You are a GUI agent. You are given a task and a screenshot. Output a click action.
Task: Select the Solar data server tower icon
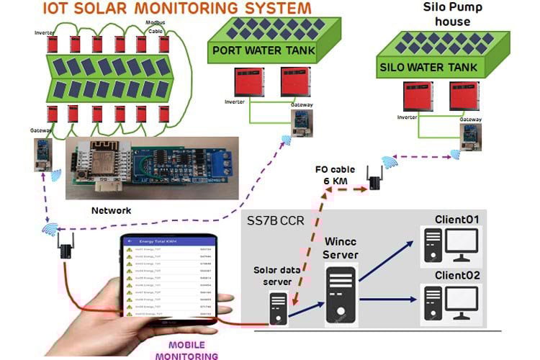coord(277,307)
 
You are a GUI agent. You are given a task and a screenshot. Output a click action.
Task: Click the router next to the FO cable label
coord(374,177)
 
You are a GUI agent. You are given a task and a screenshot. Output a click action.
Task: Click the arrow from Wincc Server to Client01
coord(389,259)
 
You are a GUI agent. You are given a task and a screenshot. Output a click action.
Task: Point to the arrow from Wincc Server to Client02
coord(389,299)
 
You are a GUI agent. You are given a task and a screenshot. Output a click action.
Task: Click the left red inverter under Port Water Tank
coord(245,82)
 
